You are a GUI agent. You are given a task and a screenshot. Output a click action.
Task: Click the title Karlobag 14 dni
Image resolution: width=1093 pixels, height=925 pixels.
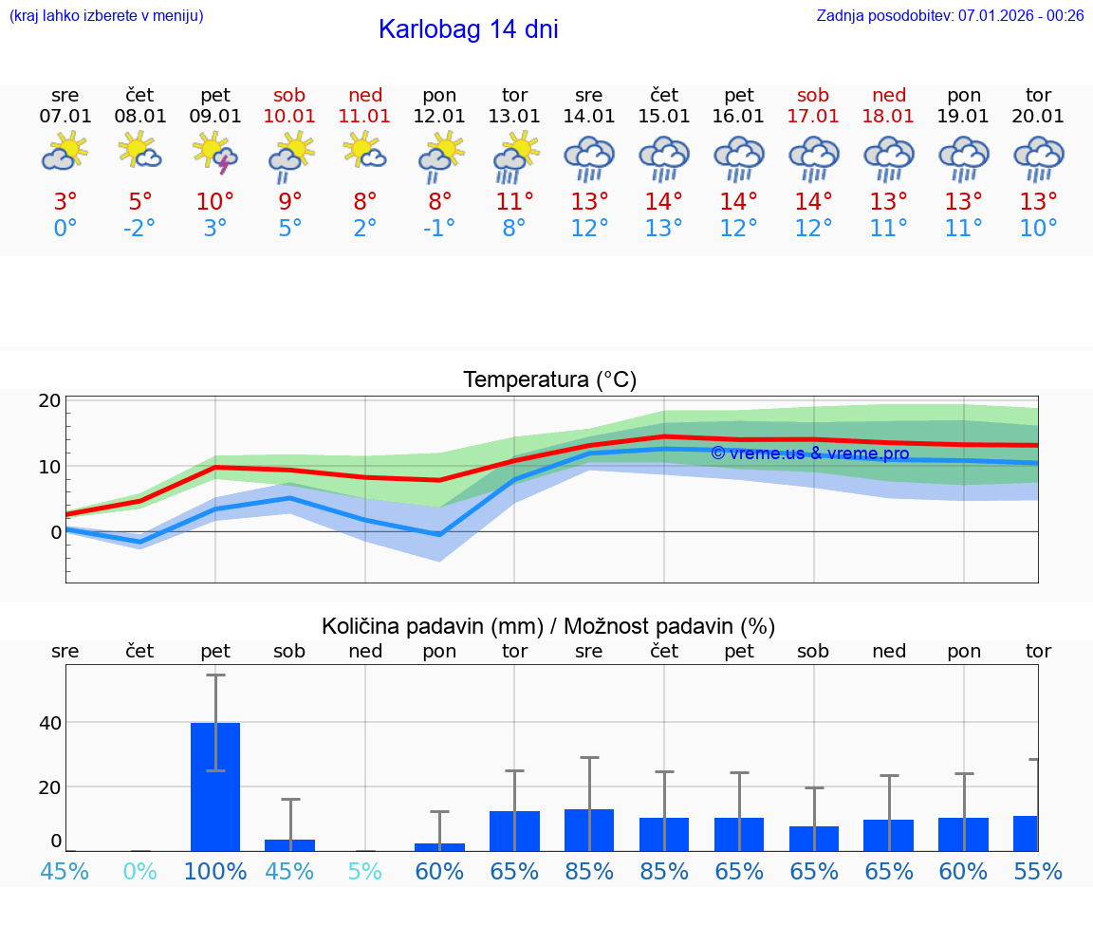point(468,29)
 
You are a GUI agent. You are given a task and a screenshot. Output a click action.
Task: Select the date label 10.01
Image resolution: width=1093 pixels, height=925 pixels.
point(290,117)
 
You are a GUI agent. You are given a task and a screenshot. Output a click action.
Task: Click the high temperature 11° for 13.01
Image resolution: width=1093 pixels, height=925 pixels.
point(514,202)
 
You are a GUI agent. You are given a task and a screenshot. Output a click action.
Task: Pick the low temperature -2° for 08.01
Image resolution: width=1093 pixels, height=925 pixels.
point(139,228)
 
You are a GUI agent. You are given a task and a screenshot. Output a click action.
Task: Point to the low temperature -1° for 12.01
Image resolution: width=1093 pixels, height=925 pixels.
point(439,228)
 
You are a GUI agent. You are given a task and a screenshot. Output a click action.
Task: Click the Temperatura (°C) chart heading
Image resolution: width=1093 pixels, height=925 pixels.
point(549,380)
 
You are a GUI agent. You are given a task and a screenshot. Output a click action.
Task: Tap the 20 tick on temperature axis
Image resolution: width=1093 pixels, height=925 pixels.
point(50,400)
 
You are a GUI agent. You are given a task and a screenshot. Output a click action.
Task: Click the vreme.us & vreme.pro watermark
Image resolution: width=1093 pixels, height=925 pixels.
point(809,453)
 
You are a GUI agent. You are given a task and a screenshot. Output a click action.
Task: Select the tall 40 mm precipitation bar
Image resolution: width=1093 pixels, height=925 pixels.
point(215,786)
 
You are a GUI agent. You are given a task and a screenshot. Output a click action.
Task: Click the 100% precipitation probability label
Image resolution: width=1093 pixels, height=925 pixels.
point(215,871)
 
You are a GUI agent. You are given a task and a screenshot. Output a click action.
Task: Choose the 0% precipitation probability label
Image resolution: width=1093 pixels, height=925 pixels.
point(139,871)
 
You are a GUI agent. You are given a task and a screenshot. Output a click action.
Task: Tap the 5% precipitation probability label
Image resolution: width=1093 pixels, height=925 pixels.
point(365,871)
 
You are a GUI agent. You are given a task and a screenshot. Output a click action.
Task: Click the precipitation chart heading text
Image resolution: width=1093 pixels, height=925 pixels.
point(548,626)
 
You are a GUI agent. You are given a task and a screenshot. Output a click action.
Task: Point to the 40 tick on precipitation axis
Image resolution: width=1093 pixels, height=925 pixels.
point(50,723)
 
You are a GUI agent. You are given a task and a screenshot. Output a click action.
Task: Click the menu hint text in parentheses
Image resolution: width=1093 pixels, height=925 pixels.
point(106,15)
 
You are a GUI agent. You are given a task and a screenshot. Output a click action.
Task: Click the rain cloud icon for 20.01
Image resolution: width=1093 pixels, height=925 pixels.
point(1038,157)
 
